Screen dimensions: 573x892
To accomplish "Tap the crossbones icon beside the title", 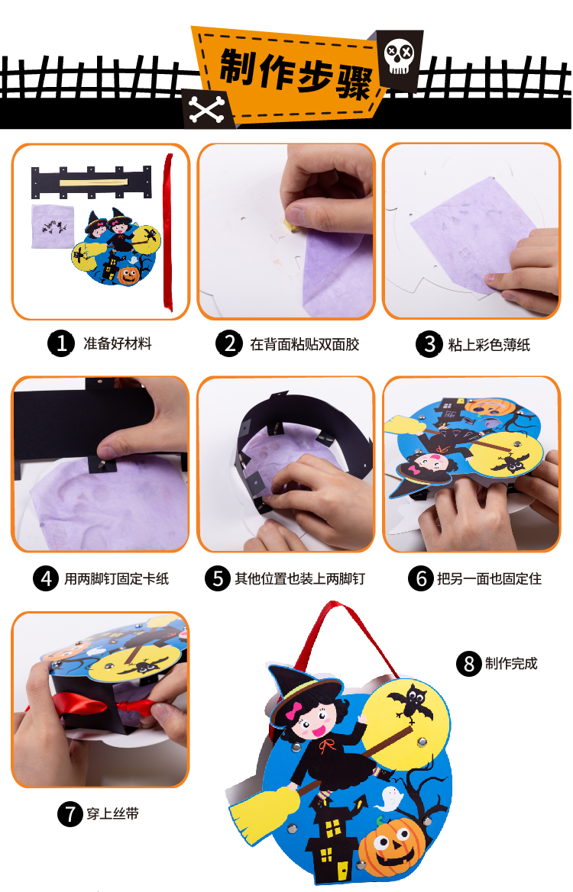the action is click(x=206, y=108).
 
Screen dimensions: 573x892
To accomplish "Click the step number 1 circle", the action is click(x=61, y=343).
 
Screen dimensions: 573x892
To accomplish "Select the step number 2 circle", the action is click(x=229, y=343).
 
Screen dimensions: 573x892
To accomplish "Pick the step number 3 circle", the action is click(x=429, y=344).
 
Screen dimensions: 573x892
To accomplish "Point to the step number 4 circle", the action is click(x=46, y=578).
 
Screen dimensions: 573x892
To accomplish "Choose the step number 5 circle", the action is click(x=218, y=578).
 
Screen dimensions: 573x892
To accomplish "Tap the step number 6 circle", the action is click(x=421, y=578).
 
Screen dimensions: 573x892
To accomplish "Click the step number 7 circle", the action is click(x=70, y=813).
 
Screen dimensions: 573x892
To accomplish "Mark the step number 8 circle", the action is click(x=469, y=663).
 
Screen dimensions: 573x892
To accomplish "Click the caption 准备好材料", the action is click(x=118, y=343).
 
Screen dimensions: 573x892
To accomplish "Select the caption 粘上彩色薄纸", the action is click(x=489, y=345).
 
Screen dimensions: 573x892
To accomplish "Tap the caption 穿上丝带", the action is click(x=113, y=814).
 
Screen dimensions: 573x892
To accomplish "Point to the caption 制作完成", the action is click(x=511, y=663).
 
